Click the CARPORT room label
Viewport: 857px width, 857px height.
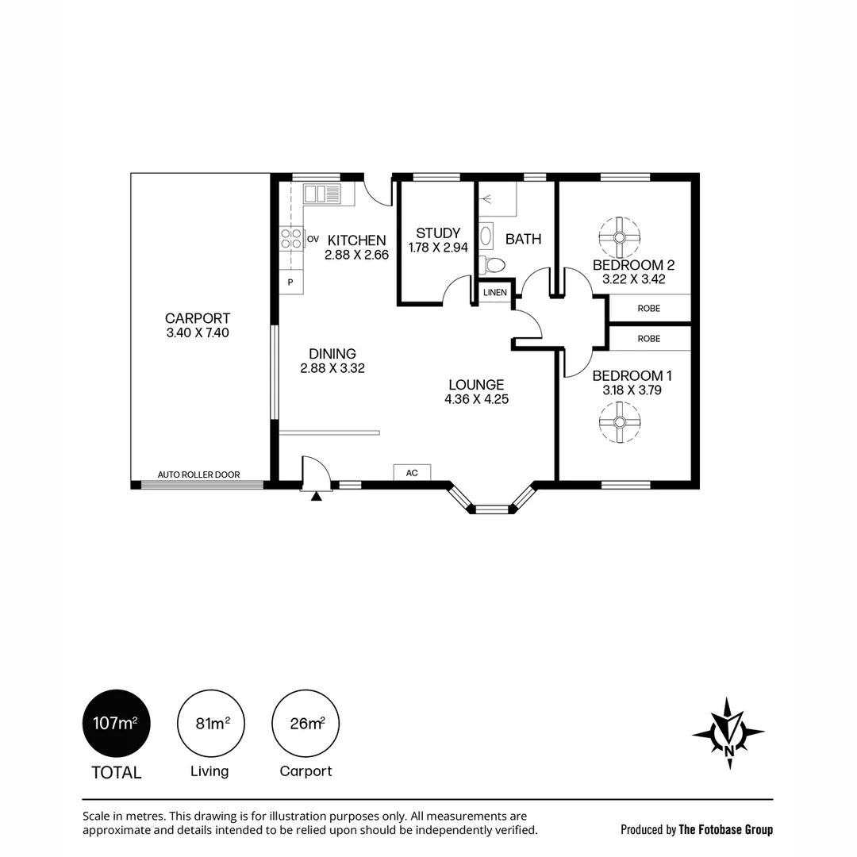click(x=198, y=318)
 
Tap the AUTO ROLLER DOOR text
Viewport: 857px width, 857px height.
click(x=198, y=475)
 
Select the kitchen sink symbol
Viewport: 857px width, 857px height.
click(x=321, y=194)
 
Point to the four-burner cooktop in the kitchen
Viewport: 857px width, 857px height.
click(x=291, y=239)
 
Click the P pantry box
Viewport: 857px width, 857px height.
click(x=290, y=282)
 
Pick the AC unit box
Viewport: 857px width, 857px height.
click(x=412, y=473)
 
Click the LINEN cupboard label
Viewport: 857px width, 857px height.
click(x=495, y=292)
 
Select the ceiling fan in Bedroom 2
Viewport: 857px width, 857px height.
click(x=619, y=238)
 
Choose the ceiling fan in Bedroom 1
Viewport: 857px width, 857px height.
click(x=619, y=422)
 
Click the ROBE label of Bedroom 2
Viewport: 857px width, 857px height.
click(x=649, y=308)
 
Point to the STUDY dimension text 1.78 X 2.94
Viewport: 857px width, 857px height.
click(x=438, y=248)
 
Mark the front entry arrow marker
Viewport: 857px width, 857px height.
click(x=316, y=496)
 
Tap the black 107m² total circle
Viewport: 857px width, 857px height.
click(x=117, y=723)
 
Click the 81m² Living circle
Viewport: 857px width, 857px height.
click(x=211, y=723)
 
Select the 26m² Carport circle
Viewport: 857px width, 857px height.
click(x=306, y=723)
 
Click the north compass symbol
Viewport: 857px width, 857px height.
click(x=728, y=733)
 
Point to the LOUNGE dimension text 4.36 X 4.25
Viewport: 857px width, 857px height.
click(x=477, y=399)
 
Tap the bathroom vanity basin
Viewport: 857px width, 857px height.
click(x=486, y=237)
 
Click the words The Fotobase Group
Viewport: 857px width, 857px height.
click(x=726, y=830)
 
